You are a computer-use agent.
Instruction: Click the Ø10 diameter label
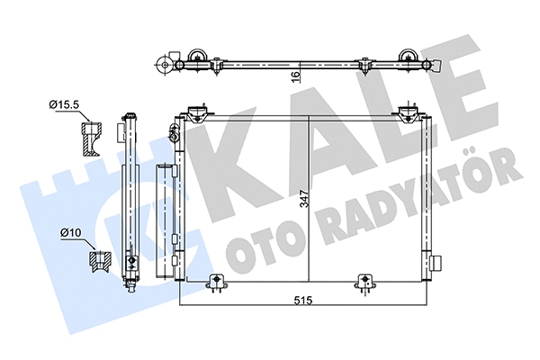(x=71, y=234)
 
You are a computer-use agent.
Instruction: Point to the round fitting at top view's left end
(x=165, y=63)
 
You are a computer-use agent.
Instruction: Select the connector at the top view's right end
(x=436, y=65)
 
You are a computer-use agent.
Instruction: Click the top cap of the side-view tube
(x=127, y=116)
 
